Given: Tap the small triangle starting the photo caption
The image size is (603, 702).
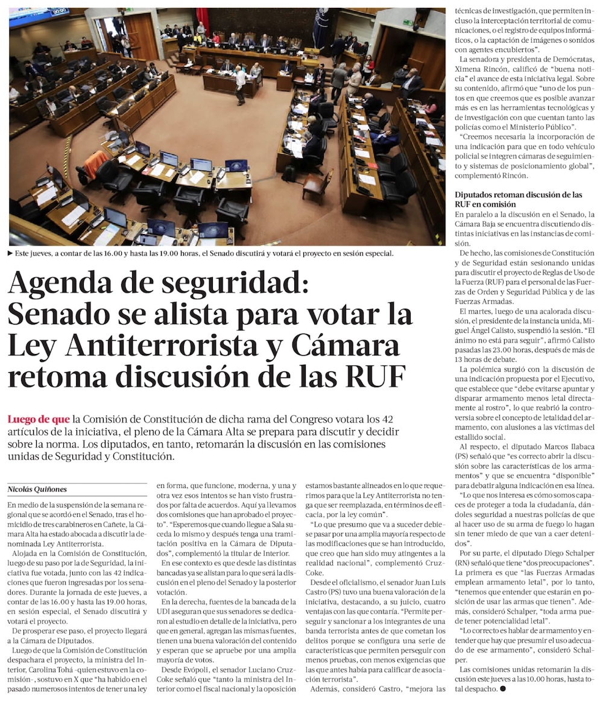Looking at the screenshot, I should coord(10,253).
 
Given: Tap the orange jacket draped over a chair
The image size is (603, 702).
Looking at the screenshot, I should coord(95,161).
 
